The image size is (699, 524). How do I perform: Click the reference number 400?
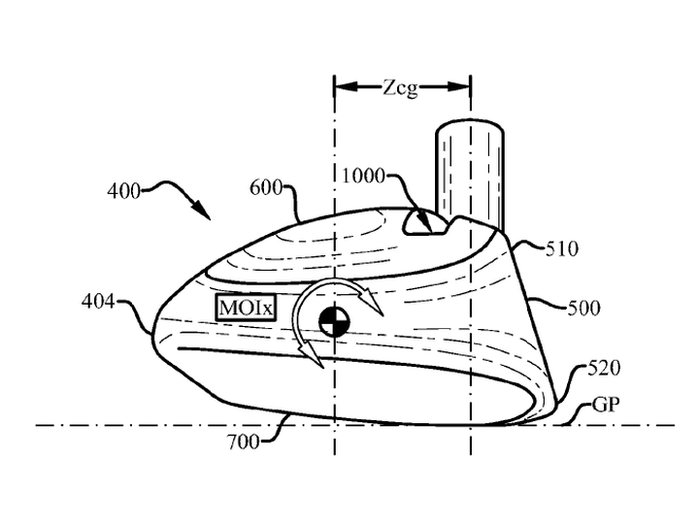124,191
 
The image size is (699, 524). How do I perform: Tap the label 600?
266,188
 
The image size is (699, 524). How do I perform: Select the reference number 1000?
363,176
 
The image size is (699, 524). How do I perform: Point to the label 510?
562,248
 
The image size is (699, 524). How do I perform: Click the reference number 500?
584,308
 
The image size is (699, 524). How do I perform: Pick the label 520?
604,369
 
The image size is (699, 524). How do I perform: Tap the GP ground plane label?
606,405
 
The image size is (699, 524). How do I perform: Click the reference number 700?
244,442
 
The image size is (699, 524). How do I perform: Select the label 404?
98,302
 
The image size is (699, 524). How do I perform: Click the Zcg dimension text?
400,87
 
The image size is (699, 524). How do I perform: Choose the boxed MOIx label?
246,308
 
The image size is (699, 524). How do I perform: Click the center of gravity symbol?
335,321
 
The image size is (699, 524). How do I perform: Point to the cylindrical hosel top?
470,127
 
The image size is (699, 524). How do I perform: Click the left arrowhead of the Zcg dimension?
346,86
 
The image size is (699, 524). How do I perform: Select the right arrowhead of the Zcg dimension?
459,86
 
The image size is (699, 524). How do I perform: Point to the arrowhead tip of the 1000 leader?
431,232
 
